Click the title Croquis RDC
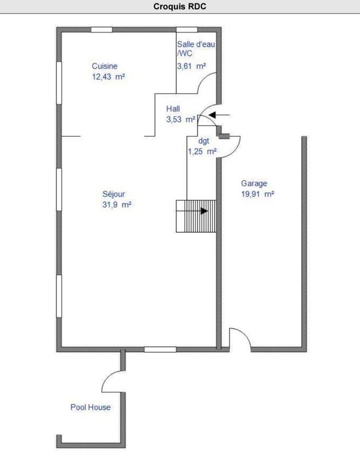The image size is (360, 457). click(x=180, y=7)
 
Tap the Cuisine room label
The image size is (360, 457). click(x=105, y=66)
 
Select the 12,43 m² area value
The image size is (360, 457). click(x=108, y=76)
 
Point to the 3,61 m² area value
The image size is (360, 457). click(x=191, y=66)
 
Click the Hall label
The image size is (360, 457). click(x=173, y=109)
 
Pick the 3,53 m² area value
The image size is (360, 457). click(x=181, y=120)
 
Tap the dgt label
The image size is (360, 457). click(x=203, y=141)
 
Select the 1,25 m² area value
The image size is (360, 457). click(x=202, y=152)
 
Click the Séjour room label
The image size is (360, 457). click(x=113, y=193)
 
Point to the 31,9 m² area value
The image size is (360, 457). click(x=117, y=204)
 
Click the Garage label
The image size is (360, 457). click(x=254, y=184)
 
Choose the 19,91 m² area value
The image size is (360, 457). click(x=257, y=194)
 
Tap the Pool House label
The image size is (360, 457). click(x=90, y=407)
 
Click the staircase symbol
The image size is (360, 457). click(x=196, y=216)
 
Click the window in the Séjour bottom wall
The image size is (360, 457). click(x=160, y=349)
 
